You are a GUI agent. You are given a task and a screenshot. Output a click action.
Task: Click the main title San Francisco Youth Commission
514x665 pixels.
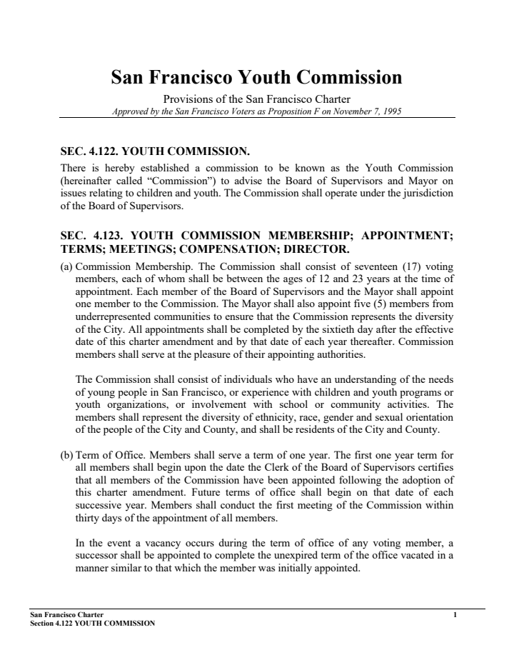256,77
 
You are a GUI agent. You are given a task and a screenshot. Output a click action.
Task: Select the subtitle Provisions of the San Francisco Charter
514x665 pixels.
256,100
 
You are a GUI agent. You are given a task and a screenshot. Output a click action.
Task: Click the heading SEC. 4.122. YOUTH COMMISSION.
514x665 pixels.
154,151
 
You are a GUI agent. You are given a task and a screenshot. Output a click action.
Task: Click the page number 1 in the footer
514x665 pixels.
454,614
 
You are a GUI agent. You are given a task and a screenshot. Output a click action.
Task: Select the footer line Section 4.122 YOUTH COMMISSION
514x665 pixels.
92,623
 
